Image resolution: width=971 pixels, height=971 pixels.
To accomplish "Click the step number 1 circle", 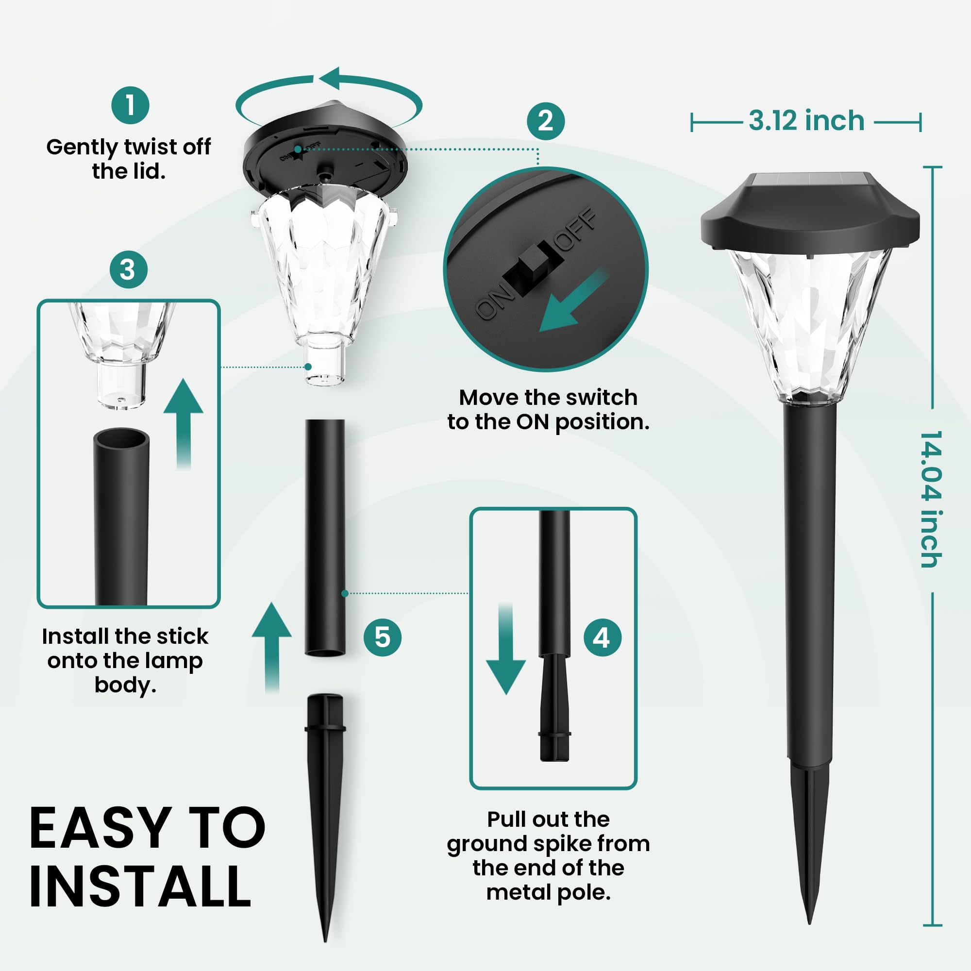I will click(x=130, y=105).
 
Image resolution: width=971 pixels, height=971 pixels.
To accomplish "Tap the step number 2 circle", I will click(x=546, y=121).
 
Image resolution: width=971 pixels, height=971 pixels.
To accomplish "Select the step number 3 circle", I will click(x=129, y=270).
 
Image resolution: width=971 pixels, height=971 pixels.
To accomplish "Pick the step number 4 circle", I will click(x=603, y=638).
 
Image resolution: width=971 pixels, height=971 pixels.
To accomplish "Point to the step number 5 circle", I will click(x=383, y=637).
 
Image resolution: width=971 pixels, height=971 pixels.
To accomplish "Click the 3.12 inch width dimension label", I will click(x=806, y=121).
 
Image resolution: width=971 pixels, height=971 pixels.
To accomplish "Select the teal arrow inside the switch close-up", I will click(x=572, y=301).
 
